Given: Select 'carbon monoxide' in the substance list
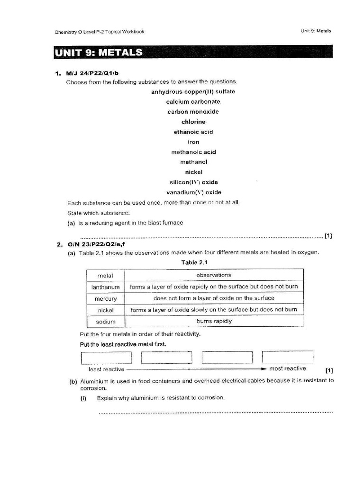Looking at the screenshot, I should pos(193,112).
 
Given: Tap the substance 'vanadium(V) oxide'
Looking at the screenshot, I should pos(193,192).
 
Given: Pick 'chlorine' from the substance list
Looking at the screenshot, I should pos(193,122).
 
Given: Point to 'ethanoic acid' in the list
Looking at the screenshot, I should pos(193,132).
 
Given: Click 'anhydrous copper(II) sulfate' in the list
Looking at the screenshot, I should pos(193,91).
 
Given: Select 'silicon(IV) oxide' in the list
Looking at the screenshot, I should pos(193,182).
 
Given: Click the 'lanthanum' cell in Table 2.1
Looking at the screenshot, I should pos(105,287).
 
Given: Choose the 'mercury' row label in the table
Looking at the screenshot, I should pos(105,299).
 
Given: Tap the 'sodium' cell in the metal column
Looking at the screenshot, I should pos(105,322).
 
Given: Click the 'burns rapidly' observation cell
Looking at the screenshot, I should pos(214,321).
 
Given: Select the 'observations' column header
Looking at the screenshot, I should pos(214,275).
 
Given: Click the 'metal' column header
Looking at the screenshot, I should pos(105,275).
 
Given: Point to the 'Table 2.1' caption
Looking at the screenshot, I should pos(195,262).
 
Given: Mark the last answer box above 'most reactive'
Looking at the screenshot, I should pos(287,357).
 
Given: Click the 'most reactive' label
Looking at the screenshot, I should pos(287,368).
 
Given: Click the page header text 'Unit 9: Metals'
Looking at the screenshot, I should pos(316,31).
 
